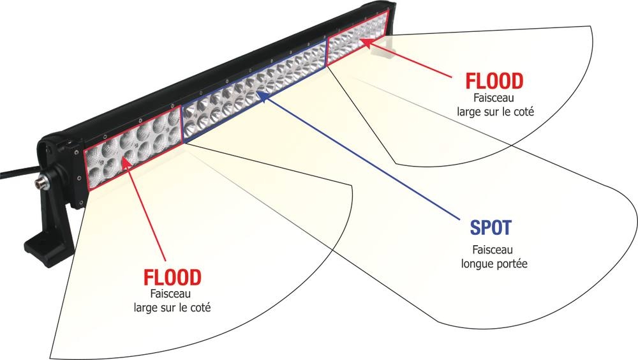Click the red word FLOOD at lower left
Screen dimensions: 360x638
172,278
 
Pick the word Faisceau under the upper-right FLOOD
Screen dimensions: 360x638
494,98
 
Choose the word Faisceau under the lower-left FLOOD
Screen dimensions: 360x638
172,294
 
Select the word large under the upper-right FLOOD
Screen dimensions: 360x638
470,111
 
